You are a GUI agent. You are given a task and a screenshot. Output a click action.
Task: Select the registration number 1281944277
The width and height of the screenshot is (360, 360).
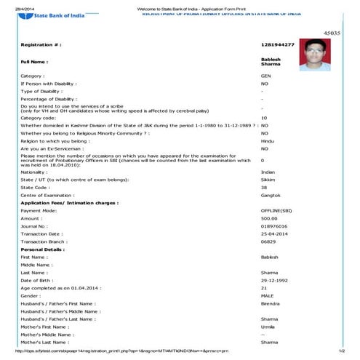pyautogui.click(x=278, y=45)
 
